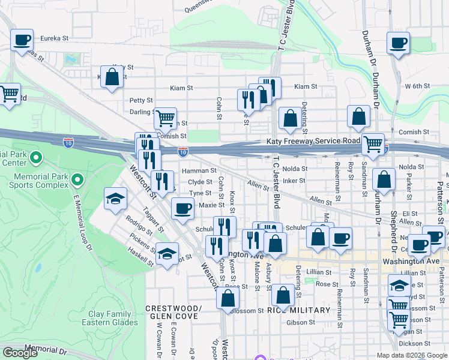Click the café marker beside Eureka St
pos(22,41)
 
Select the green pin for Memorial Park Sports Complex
pos(77,179)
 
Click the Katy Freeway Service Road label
pos(313,141)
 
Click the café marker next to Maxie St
pos(183,208)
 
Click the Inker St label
pos(294,181)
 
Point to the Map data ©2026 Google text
pos(411,355)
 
